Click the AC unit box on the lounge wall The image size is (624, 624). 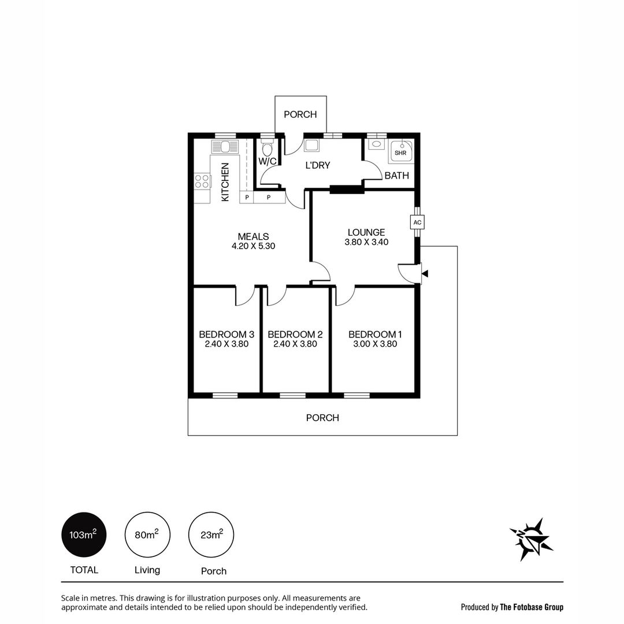coord(417,222)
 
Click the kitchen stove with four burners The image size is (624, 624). coord(203,181)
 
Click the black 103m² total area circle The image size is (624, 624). coord(84,535)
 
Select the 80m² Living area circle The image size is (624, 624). coord(147,535)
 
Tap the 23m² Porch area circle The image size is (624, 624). coord(211,535)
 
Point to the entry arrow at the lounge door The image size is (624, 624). coord(425,274)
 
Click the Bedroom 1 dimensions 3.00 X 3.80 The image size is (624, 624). coord(375,344)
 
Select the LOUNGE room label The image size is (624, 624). coord(366,232)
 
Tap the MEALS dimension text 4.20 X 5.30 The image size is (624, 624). coord(253,246)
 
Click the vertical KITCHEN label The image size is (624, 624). coord(225,182)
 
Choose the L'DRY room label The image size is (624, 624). coord(317,165)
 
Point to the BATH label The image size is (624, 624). coord(396,176)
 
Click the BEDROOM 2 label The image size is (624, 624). coord(295,334)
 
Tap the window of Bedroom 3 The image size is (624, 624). coord(225,396)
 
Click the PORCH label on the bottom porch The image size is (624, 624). coord(322,418)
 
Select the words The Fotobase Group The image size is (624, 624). coord(532,607)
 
